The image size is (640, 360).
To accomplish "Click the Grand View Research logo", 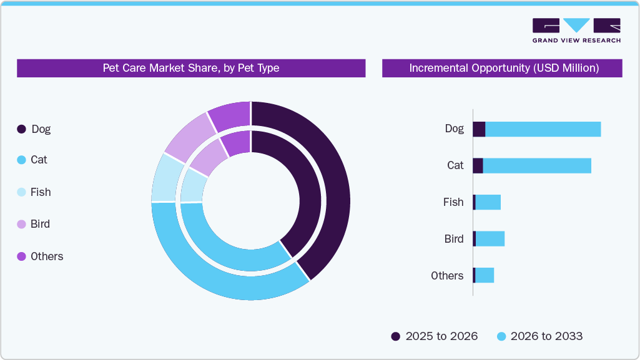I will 576,31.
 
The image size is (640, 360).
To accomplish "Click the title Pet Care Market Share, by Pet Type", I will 190,68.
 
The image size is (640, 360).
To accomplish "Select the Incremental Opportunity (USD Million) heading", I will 503,68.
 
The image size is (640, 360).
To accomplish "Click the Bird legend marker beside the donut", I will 21,224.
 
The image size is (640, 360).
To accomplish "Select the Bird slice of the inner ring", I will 208,157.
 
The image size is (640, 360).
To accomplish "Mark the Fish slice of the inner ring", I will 192,187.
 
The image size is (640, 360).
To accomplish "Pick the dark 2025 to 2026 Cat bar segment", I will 478,165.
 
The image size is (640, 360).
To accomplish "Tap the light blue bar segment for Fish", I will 488,202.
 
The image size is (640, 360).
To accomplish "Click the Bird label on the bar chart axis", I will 454,239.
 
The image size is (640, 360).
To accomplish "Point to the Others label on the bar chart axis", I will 447,276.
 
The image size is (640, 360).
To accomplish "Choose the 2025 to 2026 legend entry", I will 435,336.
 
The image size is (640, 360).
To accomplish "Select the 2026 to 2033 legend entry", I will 539,336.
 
